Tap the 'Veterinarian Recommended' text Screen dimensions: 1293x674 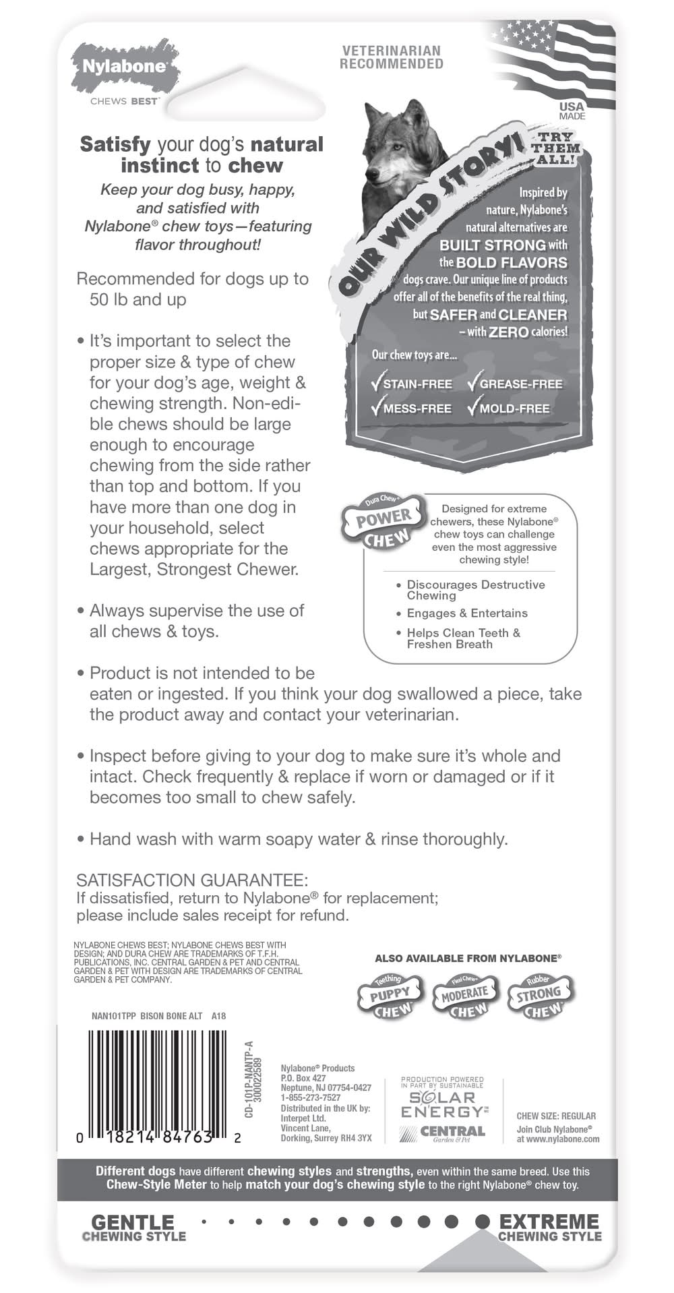(x=392, y=57)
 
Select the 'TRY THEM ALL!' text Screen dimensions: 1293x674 (x=555, y=148)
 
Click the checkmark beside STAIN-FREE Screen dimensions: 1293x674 (x=377, y=383)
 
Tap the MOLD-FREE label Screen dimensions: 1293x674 (x=514, y=409)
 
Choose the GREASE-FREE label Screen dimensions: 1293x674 (x=520, y=384)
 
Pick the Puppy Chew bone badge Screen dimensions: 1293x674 (x=390, y=995)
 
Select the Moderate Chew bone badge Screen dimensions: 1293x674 (x=465, y=995)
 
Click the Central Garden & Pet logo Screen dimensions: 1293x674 (x=443, y=1133)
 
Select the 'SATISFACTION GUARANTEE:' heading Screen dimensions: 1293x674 (x=192, y=880)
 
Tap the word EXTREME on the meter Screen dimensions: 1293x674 (x=549, y=1222)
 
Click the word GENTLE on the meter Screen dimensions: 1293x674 (x=133, y=1222)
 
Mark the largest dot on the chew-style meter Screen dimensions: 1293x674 (x=483, y=1221)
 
